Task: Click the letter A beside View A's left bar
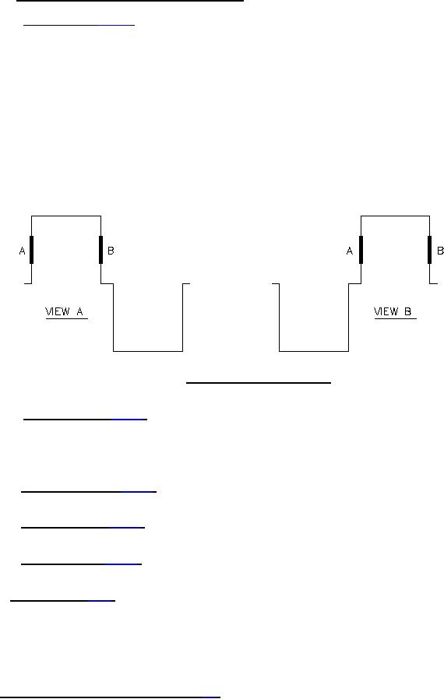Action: tap(22, 251)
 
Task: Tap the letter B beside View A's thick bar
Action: tap(111, 251)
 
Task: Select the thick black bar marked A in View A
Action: tap(31, 250)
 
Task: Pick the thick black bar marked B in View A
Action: tap(100, 250)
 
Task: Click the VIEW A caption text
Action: tap(64, 311)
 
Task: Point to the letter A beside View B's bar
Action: tap(350, 251)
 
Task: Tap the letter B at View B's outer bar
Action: tap(440, 251)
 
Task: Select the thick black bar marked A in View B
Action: tap(361, 250)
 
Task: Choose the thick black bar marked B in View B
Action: tap(430, 250)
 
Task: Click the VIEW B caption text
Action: tap(393, 311)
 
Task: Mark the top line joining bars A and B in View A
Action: tap(66, 216)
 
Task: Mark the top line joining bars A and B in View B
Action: tap(396, 216)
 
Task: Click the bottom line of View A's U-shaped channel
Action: tap(148, 351)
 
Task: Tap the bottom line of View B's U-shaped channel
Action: tap(314, 351)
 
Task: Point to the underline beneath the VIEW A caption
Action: tap(67, 318)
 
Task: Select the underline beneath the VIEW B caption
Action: tap(396, 318)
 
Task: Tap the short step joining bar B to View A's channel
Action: tap(107, 283)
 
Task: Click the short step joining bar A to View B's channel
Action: tap(354, 283)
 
